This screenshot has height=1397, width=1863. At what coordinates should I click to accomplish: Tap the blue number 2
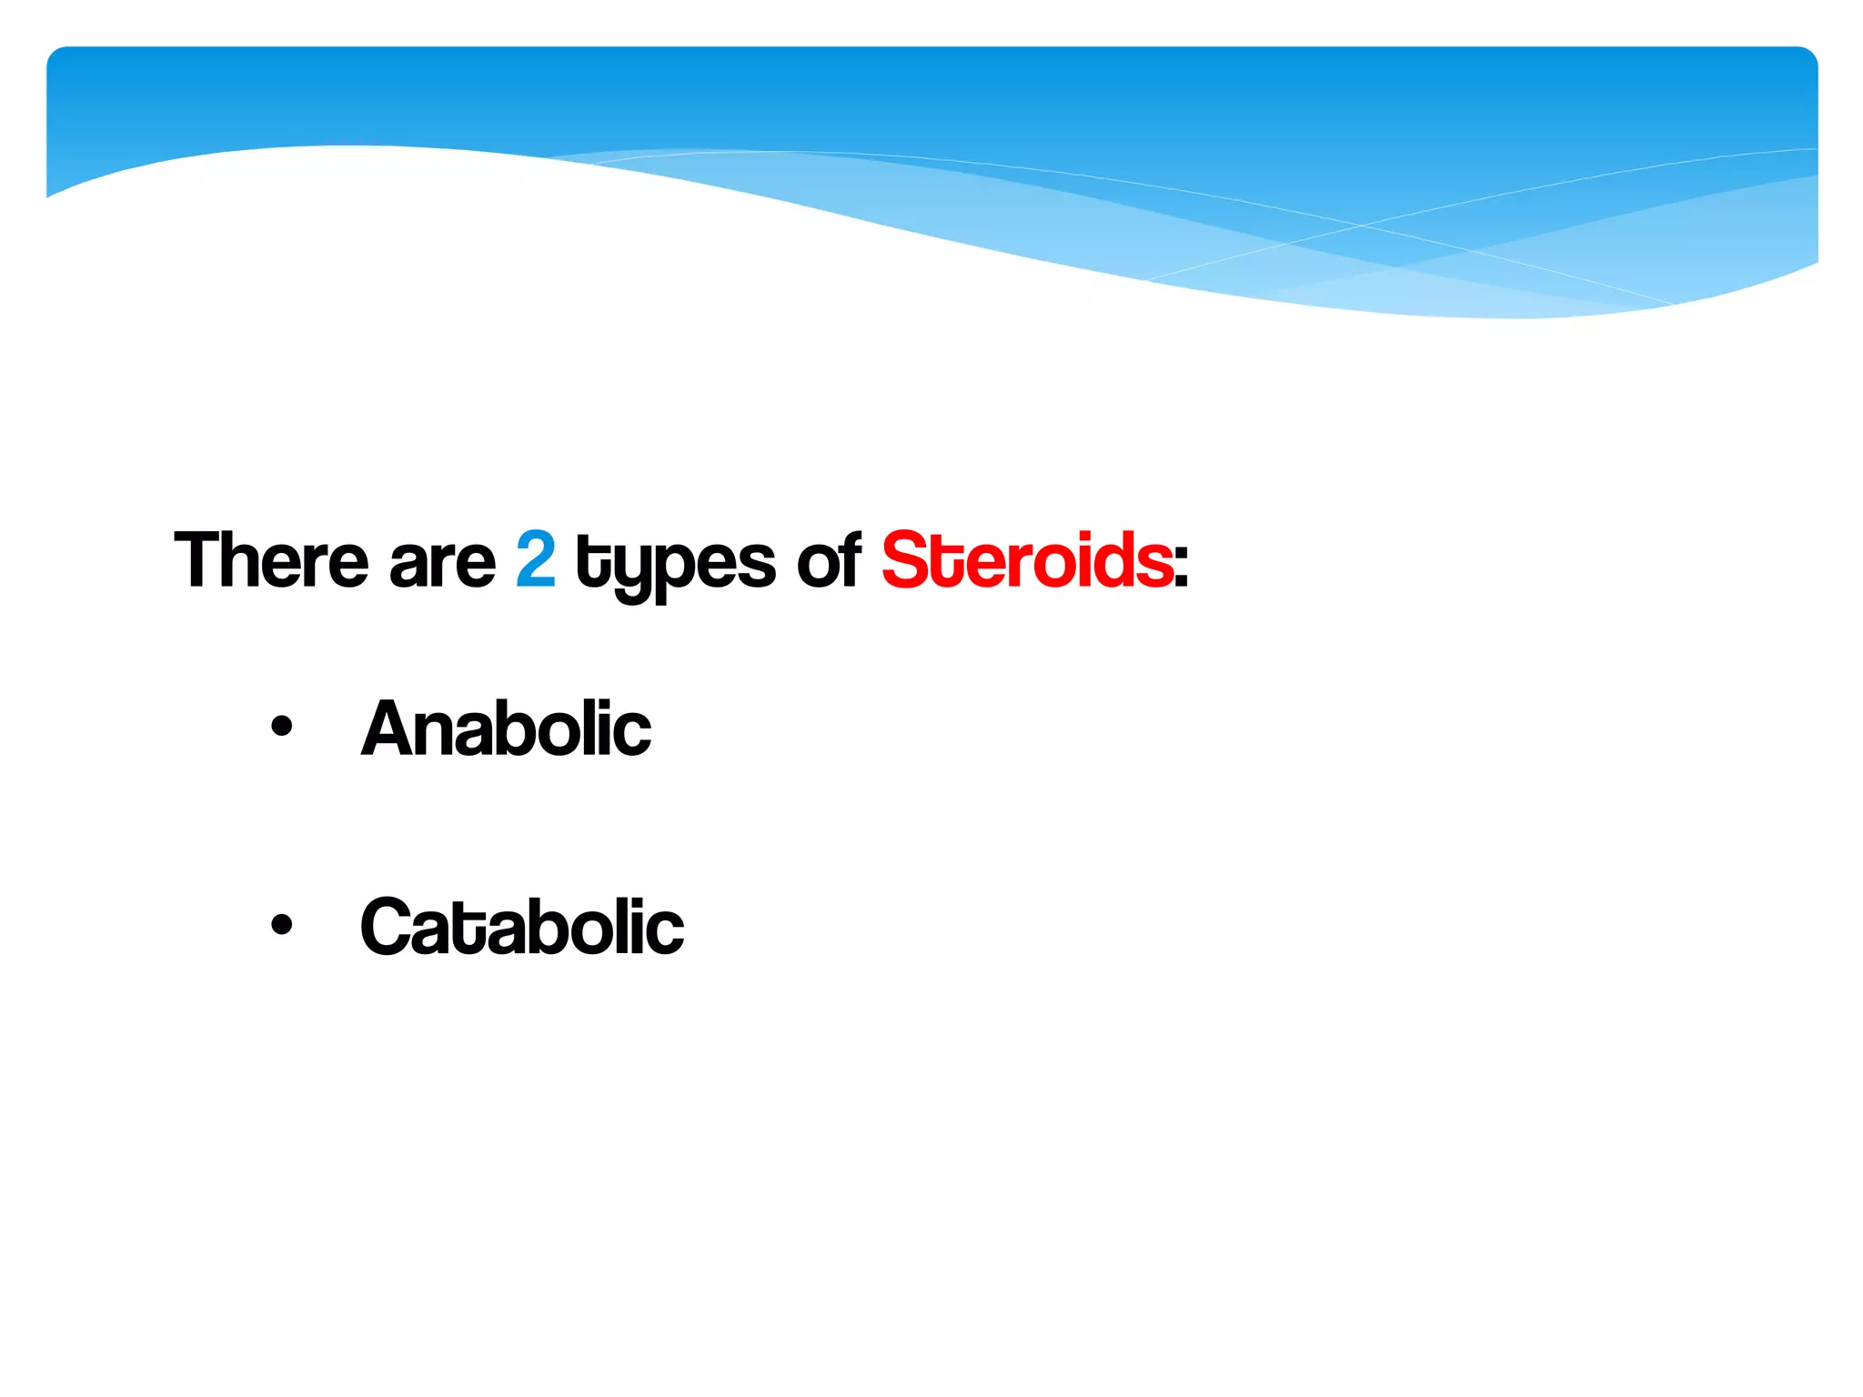pyautogui.click(x=536, y=559)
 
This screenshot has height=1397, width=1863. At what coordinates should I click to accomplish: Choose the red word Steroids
pyautogui.click(x=1027, y=559)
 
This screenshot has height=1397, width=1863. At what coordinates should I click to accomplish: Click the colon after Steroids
pyautogui.click(x=1181, y=567)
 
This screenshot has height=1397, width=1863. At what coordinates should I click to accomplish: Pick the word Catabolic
pyautogui.click(x=522, y=926)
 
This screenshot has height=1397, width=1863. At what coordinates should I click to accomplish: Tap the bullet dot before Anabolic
pyautogui.click(x=282, y=726)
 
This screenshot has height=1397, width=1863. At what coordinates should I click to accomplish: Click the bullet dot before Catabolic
pyautogui.click(x=282, y=924)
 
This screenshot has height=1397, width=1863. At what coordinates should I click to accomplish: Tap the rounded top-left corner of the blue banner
pyautogui.click(x=56, y=56)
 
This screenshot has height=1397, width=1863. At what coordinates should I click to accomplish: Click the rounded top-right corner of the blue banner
pyautogui.click(x=1808, y=56)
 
